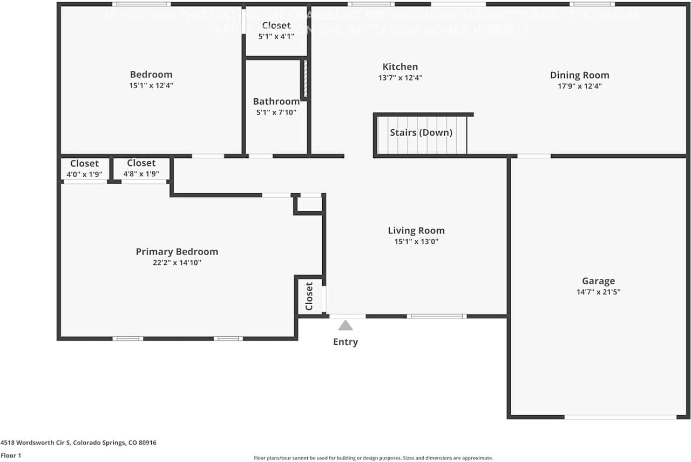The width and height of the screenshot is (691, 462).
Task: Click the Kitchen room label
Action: [400, 67]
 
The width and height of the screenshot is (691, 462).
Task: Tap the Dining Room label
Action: [579, 76]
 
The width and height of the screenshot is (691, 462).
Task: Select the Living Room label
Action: [416, 231]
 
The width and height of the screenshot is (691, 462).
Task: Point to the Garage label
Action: [598, 281]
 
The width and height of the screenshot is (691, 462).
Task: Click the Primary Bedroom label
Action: [177, 252]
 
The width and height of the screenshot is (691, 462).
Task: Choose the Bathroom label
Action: [276, 102]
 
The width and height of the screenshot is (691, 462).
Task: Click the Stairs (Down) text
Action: [421, 133]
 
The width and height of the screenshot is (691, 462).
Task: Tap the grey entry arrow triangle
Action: [345, 325]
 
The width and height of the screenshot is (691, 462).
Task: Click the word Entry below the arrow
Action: [345, 342]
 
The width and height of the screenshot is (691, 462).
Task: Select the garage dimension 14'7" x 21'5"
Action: [598, 292]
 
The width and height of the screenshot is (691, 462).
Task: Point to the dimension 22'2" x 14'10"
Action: [177, 263]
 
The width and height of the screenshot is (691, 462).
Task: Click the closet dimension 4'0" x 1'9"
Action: [84, 175]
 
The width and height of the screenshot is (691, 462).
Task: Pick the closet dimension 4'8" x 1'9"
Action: [141, 175]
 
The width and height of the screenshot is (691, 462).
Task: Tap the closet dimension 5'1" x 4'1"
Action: [276, 37]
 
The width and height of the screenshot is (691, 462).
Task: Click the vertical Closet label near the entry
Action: [309, 296]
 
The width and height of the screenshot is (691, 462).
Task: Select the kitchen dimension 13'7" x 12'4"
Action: [400, 78]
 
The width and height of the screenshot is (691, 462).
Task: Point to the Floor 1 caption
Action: [11, 456]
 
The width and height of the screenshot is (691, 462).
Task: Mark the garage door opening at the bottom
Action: [620, 417]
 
